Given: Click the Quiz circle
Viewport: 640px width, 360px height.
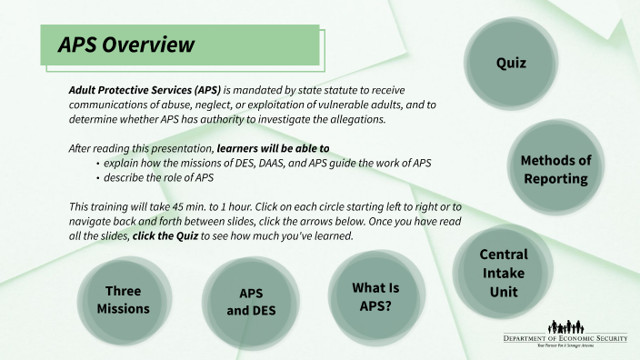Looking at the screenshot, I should (511, 64).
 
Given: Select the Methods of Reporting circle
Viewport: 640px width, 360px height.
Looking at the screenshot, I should (555, 169).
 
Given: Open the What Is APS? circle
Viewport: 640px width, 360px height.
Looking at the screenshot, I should (375, 296).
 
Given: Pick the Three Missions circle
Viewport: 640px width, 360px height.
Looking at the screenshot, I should (123, 300).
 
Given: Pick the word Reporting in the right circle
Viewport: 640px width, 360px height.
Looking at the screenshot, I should (555, 178).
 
